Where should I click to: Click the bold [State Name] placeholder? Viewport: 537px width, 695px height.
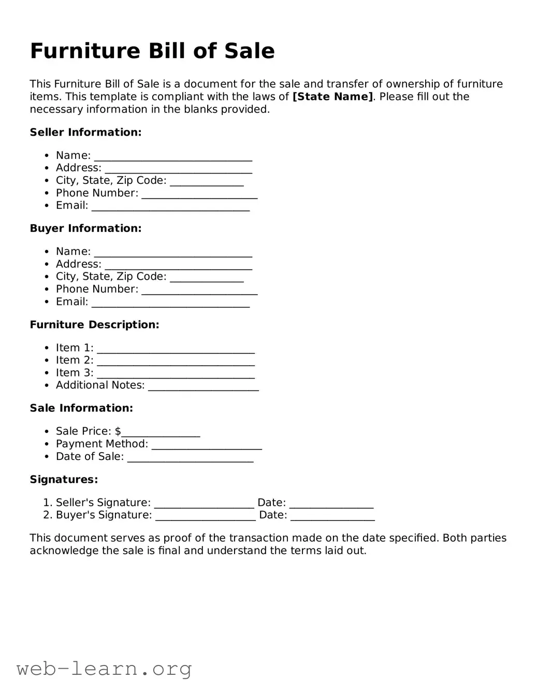(x=332, y=97)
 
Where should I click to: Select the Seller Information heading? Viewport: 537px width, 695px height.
(x=85, y=133)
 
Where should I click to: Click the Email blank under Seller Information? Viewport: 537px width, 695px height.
(x=170, y=207)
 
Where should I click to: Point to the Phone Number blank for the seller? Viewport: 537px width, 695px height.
(x=199, y=195)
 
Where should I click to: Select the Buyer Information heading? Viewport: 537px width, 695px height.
(x=85, y=228)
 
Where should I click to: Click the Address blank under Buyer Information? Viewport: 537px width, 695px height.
(x=178, y=266)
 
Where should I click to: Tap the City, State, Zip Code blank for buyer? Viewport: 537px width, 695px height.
(x=207, y=279)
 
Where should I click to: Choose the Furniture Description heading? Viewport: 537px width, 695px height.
(x=94, y=325)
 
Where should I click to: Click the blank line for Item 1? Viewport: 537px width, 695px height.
(x=176, y=350)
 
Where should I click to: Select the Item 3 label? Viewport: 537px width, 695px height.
(x=75, y=373)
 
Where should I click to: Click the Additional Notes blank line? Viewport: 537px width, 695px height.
(x=203, y=387)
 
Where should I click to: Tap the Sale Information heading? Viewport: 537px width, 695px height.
(x=81, y=408)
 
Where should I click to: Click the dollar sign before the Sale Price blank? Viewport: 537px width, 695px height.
(x=118, y=431)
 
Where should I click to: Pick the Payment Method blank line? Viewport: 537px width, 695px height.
(x=207, y=446)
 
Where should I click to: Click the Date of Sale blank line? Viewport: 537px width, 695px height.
(x=190, y=458)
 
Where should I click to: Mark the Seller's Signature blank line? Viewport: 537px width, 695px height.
(x=204, y=504)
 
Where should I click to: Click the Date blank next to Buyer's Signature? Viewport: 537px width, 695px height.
(x=332, y=517)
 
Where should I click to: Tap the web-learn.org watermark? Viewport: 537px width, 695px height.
(x=104, y=669)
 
